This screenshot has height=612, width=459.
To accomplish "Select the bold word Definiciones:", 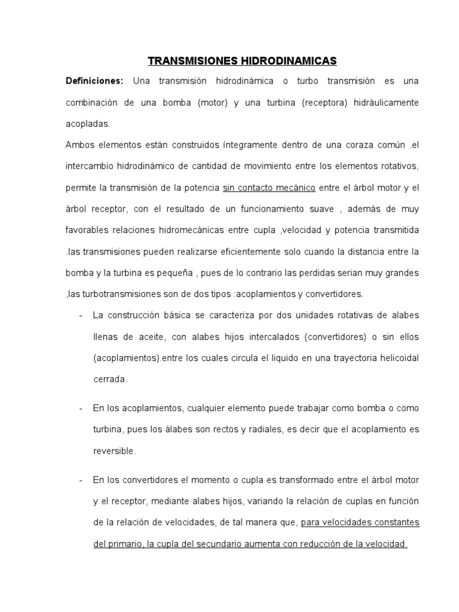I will click(94, 81).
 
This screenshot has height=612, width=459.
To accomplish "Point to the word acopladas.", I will click(88, 124).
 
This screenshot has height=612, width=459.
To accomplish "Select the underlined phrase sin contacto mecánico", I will click(269, 188).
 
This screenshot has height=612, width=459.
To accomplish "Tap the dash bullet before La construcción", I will click(80, 316).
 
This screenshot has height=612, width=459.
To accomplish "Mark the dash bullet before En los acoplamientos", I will click(80, 408).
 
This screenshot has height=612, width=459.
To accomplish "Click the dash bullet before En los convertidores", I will click(80, 480).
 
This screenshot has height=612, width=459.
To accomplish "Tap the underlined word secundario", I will click(219, 544).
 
